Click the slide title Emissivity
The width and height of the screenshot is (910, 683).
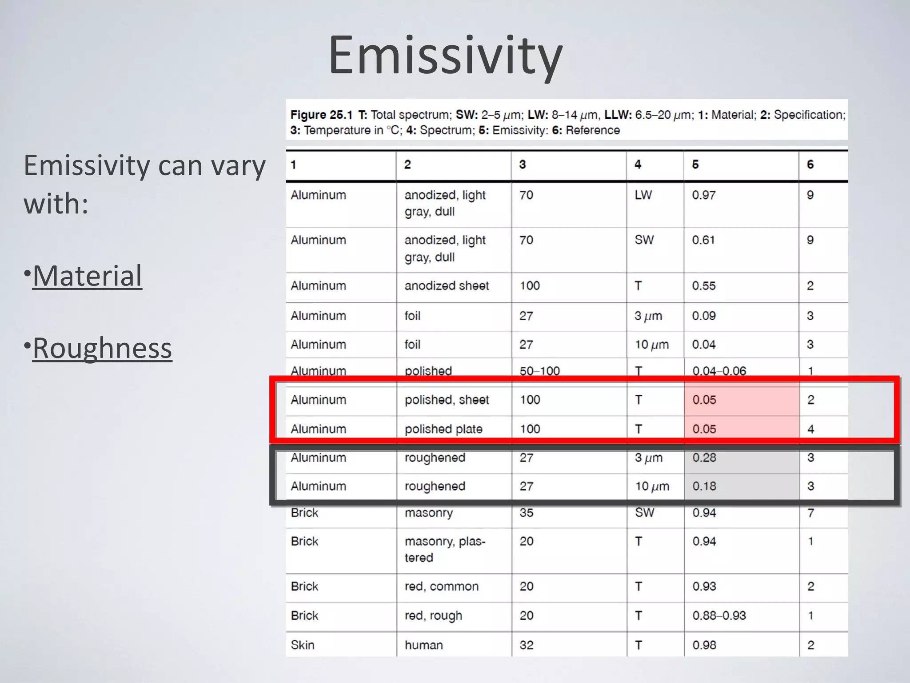coord(445,56)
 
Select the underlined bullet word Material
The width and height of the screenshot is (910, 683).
coord(87,276)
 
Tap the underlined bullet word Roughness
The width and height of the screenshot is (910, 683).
coord(102,348)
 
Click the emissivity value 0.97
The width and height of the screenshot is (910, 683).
coord(703,195)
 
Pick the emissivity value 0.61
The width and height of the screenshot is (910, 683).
coord(703,240)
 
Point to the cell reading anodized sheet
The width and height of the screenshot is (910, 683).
coord(446,285)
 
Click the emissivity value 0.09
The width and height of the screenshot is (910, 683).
coord(703,316)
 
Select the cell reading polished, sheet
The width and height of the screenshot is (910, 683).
coord(446,400)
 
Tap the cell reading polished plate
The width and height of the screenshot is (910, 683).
coord(443,429)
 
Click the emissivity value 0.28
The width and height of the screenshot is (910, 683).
coord(704,458)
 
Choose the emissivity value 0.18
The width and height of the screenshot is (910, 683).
coord(704,486)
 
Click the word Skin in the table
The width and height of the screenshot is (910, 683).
coord(302,645)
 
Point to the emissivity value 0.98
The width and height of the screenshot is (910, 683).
coord(704,645)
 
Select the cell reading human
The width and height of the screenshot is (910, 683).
coord(423,645)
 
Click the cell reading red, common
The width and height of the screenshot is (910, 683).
coord(441,586)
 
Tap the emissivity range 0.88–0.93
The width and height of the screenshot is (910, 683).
coord(718,615)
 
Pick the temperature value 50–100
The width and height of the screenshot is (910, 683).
coord(539,371)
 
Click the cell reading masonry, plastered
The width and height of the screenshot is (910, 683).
coord(444,549)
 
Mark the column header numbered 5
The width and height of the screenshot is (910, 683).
coord(695,165)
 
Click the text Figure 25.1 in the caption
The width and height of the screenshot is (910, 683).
coord(321,115)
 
